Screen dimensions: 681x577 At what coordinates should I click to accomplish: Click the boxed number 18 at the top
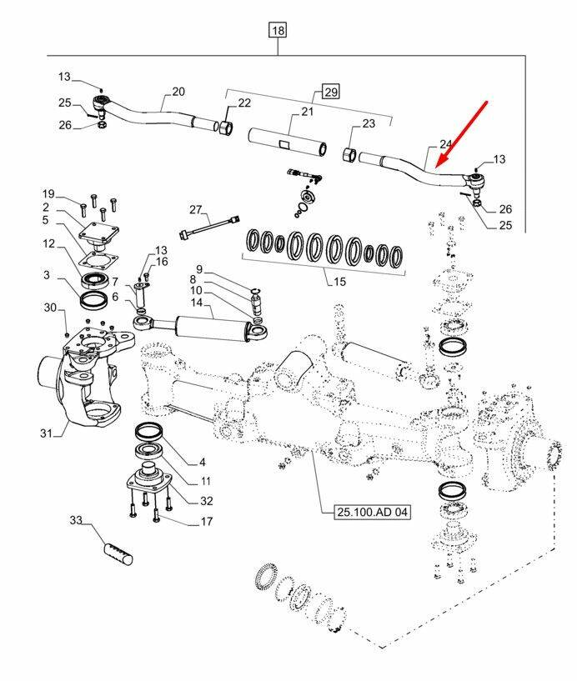pyautogui.click(x=278, y=31)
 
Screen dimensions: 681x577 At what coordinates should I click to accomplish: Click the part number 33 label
pyautogui.click(x=76, y=521)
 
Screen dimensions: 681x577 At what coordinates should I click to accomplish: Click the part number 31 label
pyautogui.click(x=46, y=432)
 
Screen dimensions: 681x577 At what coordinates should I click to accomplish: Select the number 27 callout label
pyautogui.click(x=196, y=208)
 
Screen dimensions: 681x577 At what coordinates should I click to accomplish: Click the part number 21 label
pyautogui.click(x=306, y=112)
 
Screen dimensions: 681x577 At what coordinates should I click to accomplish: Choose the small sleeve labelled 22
pyautogui.click(x=226, y=128)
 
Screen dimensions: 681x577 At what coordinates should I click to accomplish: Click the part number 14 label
pyautogui.click(x=196, y=304)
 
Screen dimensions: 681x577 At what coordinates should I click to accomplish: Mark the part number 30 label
pyautogui.click(x=49, y=308)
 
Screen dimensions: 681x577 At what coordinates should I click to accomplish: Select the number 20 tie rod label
pyautogui.click(x=178, y=92)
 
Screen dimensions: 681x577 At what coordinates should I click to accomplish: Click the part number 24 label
pyautogui.click(x=446, y=143)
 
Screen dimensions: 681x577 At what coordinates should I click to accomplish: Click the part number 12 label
pyautogui.click(x=49, y=243)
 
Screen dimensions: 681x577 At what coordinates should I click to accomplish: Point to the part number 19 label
pyautogui.click(x=48, y=193)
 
